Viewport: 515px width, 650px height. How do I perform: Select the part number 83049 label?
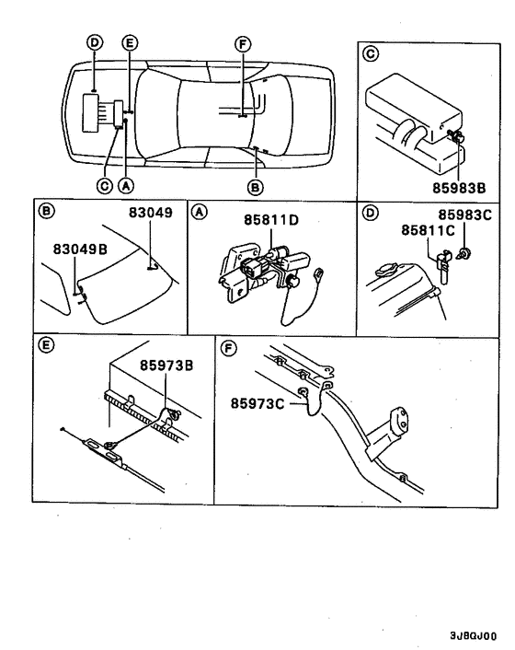click(x=148, y=213)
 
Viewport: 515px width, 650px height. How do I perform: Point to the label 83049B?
click(x=78, y=246)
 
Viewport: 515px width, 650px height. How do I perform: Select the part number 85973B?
click(x=166, y=365)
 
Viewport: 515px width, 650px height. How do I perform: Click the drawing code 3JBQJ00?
click(x=473, y=635)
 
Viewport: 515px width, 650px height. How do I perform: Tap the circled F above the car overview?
click(x=242, y=43)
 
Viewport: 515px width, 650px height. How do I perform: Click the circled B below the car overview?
click(x=256, y=185)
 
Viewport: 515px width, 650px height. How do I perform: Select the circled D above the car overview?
click(x=95, y=43)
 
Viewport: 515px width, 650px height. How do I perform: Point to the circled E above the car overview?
click(x=129, y=43)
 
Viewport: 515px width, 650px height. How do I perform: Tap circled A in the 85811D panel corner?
click(x=198, y=212)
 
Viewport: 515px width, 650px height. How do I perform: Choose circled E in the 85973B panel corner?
click(x=42, y=347)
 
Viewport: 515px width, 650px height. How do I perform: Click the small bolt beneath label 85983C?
click(x=468, y=251)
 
